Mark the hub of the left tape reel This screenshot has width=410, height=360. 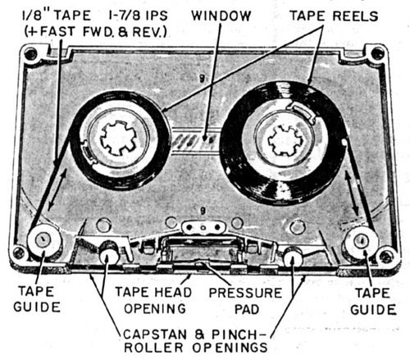[x=121, y=137]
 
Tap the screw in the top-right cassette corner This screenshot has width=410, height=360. [x=376, y=53]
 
